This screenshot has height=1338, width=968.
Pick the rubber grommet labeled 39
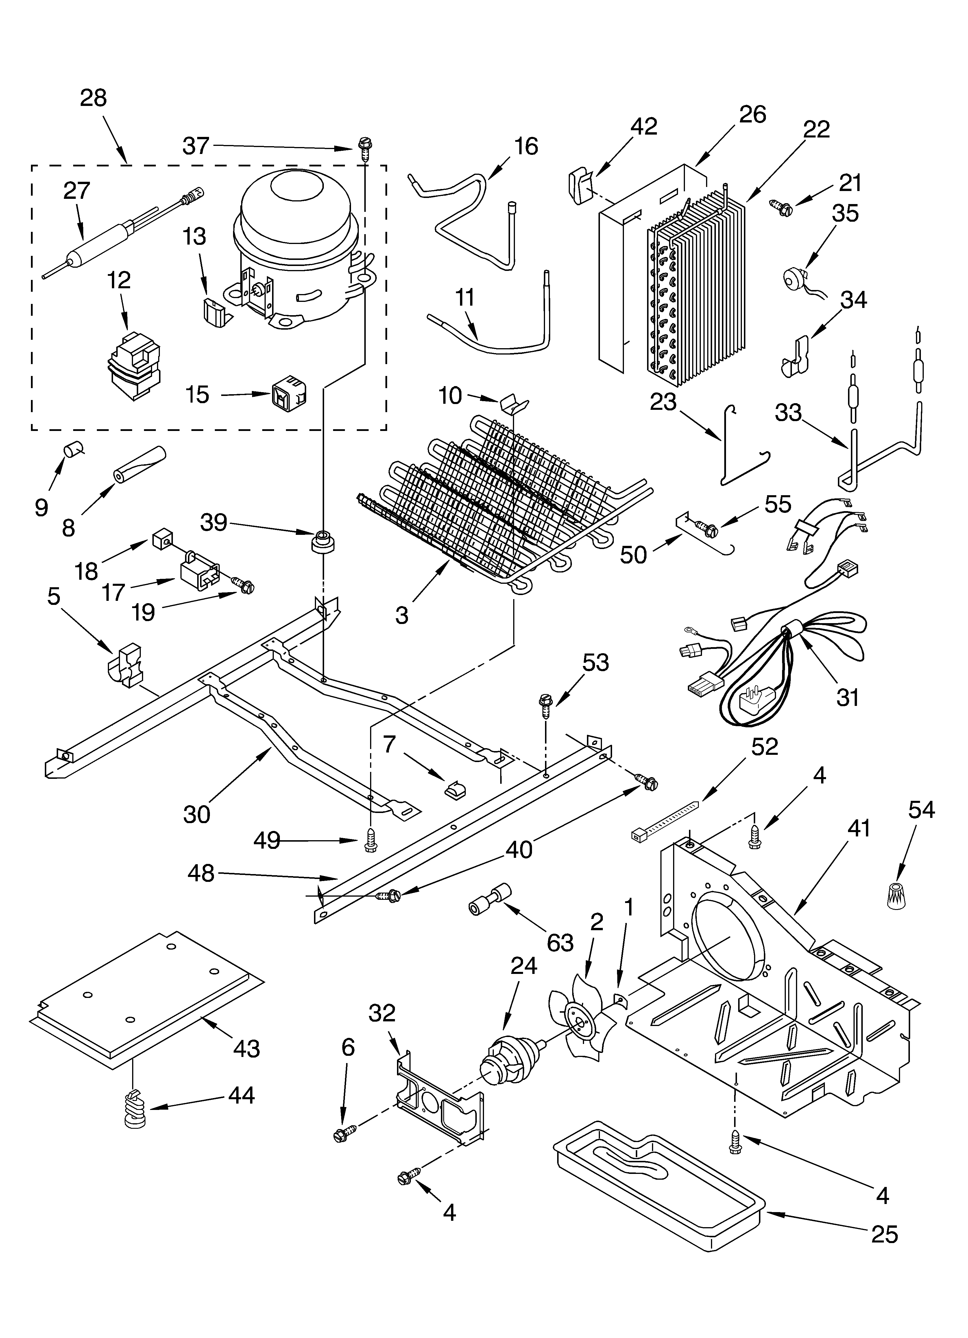pyautogui.click(x=322, y=542)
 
